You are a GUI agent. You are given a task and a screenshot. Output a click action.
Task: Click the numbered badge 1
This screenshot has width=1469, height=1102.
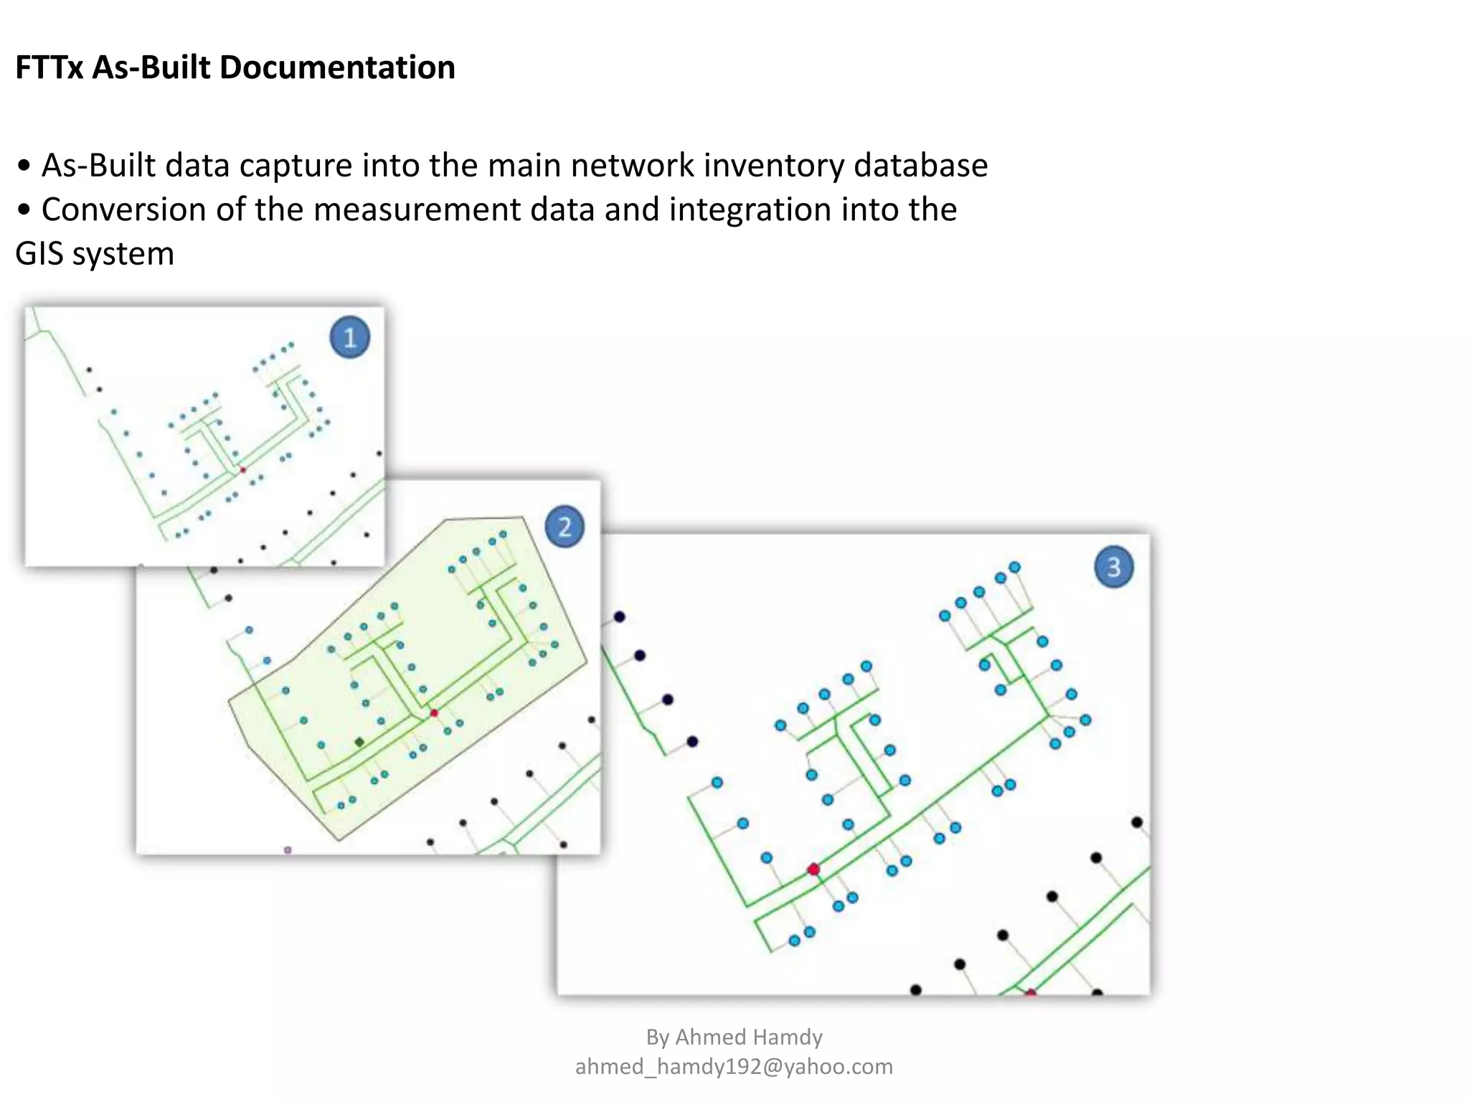[x=350, y=337]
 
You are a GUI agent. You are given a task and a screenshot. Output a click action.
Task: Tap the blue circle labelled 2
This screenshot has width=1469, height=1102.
[x=565, y=527]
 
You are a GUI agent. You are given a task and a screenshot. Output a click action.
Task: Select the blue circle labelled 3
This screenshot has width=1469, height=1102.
[x=1113, y=567]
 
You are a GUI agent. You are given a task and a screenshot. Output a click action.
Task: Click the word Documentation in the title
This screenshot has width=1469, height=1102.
[x=337, y=67]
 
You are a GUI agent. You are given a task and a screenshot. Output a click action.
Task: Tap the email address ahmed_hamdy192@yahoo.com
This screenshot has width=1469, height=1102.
[x=734, y=1067]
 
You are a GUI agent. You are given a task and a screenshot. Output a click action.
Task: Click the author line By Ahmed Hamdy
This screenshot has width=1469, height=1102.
[x=734, y=1037]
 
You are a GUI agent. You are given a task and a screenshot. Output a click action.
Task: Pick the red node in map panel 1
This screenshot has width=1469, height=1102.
[x=243, y=470]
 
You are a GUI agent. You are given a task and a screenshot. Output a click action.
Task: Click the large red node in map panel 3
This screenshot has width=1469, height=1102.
[x=813, y=870]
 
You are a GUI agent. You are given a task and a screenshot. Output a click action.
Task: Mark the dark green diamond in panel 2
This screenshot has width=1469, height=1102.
[x=359, y=742]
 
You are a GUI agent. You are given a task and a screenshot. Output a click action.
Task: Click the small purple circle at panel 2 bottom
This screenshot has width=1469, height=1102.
[x=288, y=850]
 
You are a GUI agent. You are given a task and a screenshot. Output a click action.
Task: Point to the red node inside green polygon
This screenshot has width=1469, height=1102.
[x=434, y=713]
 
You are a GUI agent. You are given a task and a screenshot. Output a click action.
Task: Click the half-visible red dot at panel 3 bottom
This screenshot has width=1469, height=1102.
[x=1031, y=993]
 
